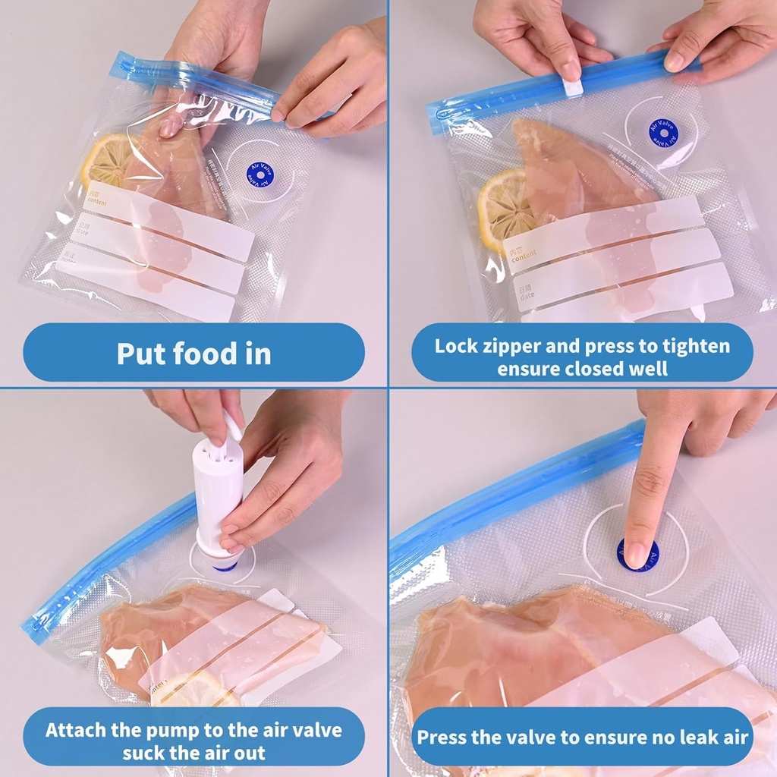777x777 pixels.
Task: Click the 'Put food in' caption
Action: click(x=193, y=354)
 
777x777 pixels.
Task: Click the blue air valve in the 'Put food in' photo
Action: click(x=260, y=175)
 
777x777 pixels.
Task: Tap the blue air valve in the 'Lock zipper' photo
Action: click(x=663, y=132)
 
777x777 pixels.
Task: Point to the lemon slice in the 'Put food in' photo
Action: click(x=106, y=160)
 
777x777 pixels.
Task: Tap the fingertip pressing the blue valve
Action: click(x=636, y=553)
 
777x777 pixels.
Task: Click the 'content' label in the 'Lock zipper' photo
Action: click(x=523, y=258)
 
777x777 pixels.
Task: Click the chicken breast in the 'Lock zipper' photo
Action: click(x=569, y=167)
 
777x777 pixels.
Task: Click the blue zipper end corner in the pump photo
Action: click(x=34, y=627)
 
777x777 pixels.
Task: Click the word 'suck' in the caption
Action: click(x=145, y=753)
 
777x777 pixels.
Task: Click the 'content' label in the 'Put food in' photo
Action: click(x=96, y=199)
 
